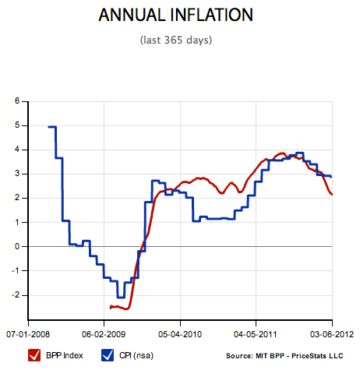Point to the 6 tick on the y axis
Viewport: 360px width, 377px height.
pos(18,101)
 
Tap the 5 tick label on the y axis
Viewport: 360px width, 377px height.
pos(18,125)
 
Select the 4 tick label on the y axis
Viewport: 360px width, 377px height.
pos(18,150)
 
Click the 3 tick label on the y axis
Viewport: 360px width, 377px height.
pos(18,174)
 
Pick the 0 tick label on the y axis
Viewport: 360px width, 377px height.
pos(18,246)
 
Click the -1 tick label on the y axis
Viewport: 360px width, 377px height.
pos(16,270)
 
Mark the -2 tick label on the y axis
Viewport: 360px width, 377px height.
pos(16,295)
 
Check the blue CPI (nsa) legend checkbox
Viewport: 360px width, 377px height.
pos(108,356)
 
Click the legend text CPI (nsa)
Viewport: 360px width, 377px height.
pos(138,357)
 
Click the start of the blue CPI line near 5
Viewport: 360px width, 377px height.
pos(49,126)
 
